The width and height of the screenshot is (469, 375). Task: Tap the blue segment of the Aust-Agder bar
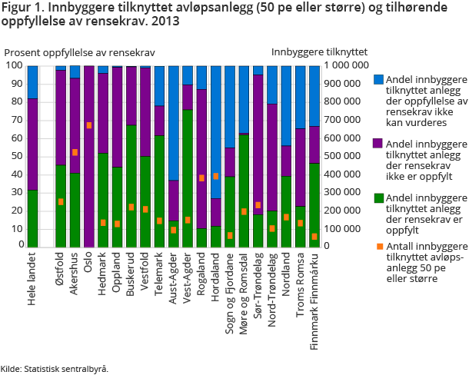173,123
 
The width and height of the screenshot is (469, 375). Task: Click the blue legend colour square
378,79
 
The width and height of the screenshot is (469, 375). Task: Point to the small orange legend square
378,246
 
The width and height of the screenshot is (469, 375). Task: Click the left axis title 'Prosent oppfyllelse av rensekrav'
80,51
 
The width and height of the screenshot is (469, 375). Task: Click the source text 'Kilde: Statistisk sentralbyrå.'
55,368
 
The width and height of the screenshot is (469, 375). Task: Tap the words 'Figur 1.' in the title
24,10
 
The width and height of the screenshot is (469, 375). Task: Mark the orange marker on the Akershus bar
75,152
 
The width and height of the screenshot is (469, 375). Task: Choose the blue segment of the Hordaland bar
215,131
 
